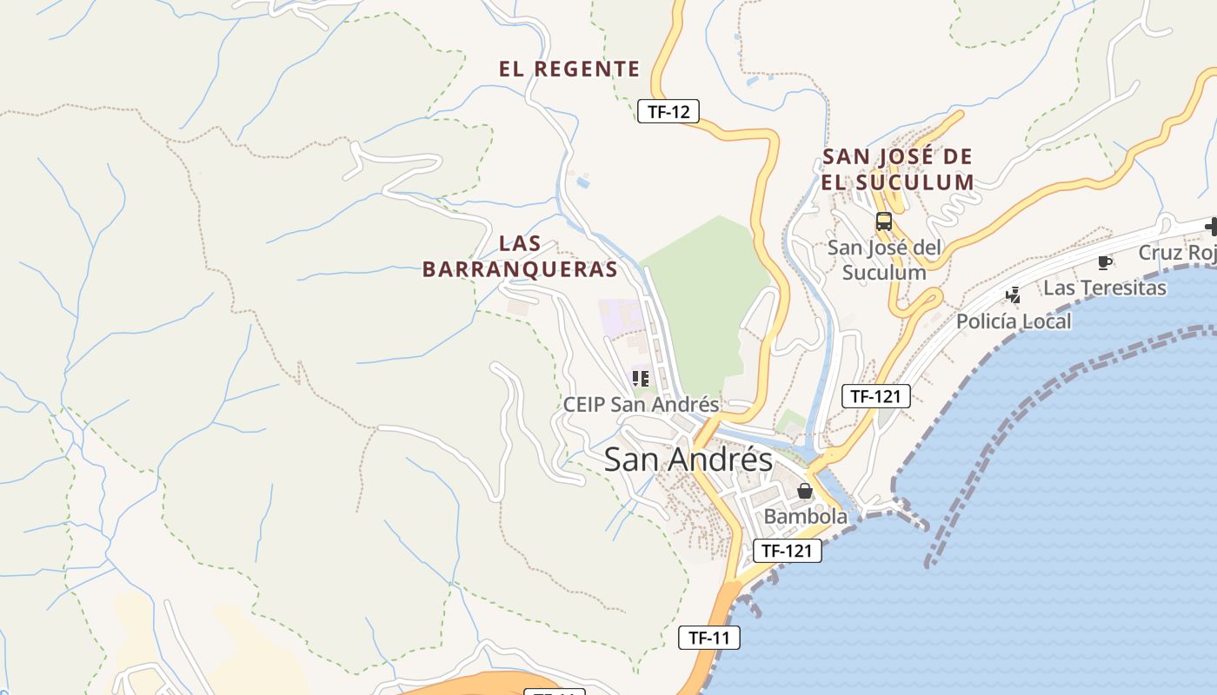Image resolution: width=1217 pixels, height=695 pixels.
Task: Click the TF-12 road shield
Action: point(668,111)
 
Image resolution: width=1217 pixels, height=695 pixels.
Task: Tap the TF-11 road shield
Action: point(708,638)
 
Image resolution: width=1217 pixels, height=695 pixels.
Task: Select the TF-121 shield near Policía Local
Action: point(875,396)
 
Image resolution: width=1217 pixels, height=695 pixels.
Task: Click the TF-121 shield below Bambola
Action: point(786,550)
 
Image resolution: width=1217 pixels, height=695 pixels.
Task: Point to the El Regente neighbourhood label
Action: point(569,69)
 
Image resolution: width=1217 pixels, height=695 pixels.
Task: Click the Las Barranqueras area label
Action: point(521,256)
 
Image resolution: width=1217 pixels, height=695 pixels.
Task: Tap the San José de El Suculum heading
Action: point(898,169)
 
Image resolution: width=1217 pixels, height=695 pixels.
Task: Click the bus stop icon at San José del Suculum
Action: point(883,222)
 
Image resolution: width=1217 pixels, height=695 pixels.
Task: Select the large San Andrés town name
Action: point(688,460)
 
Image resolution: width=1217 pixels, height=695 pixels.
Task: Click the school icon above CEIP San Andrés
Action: point(641,379)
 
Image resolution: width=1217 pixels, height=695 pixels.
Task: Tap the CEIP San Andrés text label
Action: point(641,405)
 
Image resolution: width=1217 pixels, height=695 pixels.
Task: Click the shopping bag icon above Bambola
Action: point(805,492)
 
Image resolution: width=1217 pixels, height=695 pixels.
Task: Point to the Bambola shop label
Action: point(805,516)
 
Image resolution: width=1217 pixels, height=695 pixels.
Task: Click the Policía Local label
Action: point(1014,321)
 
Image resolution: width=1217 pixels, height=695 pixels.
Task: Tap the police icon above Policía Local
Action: point(1013,295)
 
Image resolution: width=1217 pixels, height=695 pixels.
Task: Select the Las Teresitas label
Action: point(1104,288)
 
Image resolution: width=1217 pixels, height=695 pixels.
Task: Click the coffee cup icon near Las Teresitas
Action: point(1105,262)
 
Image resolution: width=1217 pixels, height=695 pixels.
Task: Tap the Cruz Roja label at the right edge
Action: point(1177,253)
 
